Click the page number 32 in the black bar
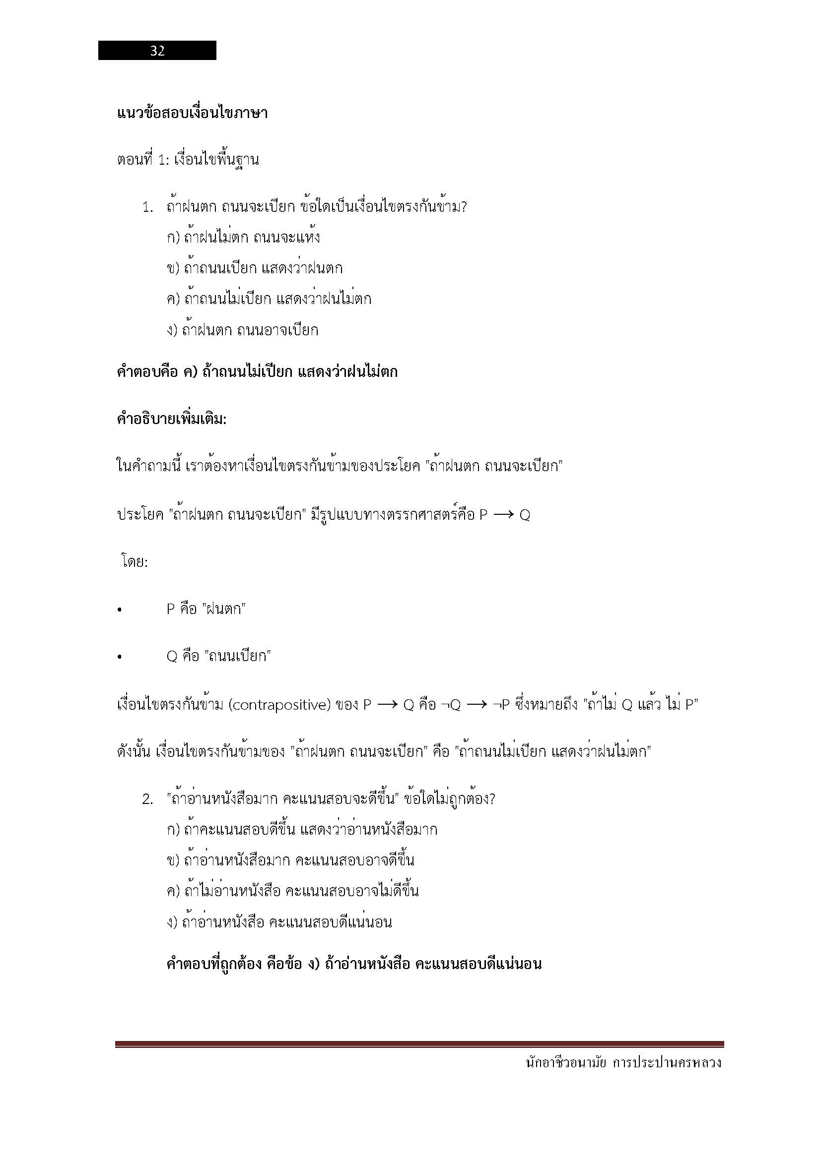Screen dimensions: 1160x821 [x=157, y=51]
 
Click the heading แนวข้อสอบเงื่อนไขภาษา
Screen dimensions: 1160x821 [x=192, y=113]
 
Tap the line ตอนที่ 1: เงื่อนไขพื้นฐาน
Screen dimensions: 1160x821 [x=188, y=160]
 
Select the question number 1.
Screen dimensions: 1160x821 [x=147, y=207]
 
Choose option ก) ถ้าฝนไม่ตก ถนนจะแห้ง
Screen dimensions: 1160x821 [x=243, y=238]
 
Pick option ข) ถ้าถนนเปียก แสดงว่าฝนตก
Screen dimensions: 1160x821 [x=254, y=268]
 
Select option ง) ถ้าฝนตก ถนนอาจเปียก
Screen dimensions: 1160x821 [x=243, y=330]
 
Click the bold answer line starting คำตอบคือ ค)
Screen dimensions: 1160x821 [x=257, y=372]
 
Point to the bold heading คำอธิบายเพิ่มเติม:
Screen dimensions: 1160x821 [x=172, y=419]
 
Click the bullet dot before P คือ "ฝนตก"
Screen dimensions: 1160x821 [x=119, y=611]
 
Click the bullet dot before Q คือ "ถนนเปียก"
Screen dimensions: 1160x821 [x=119, y=657]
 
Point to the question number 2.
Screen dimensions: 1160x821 [x=147, y=800]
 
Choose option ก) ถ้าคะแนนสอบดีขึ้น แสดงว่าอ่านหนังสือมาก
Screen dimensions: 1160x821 [x=302, y=830]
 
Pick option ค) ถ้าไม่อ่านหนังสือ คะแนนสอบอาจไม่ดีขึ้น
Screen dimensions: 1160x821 [x=292, y=891]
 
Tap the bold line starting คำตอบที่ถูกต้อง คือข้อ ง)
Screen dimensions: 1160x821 [x=354, y=964]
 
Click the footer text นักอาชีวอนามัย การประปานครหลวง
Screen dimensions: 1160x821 [x=623, y=1063]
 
